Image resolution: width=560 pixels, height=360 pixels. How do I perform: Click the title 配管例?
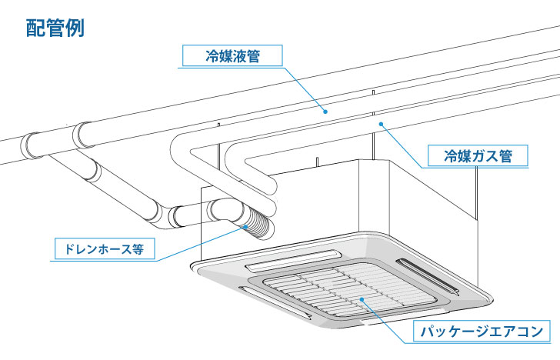tap(55, 28)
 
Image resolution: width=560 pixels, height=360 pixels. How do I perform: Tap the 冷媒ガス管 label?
tap(478, 156)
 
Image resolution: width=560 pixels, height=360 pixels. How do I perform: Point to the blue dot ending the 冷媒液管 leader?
tap(325, 112)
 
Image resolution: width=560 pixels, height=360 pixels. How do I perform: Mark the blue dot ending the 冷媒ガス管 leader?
tap(379, 122)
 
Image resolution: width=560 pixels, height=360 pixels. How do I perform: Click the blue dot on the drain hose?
tap(247, 225)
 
